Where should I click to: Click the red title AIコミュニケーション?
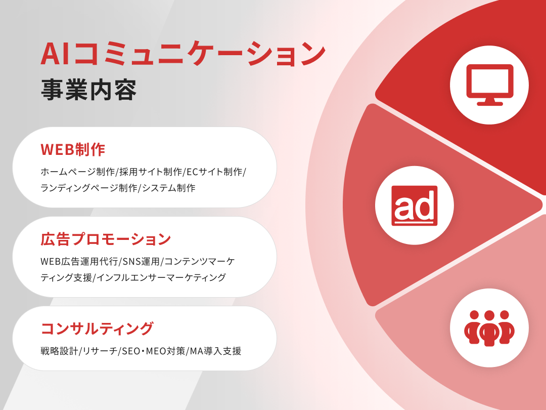click(x=183, y=54)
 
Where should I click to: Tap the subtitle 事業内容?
click(x=89, y=91)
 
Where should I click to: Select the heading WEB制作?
click(x=73, y=149)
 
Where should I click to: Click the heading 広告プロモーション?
click(x=106, y=239)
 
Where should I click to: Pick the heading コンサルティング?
click(x=97, y=329)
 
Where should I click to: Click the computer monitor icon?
click(x=489, y=85)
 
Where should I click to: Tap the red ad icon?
click(x=415, y=206)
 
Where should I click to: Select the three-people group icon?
click(x=489, y=328)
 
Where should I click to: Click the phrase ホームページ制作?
click(x=78, y=172)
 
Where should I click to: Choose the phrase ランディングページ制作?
click(x=89, y=188)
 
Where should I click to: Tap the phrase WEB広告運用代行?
click(x=79, y=261)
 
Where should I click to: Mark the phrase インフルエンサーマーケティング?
click(x=161, y=277)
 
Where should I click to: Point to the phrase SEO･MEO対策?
click(x=154, y=351)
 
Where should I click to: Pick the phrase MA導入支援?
click(x=216, y=351)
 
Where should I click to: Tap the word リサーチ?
click(x=100, y=351)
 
